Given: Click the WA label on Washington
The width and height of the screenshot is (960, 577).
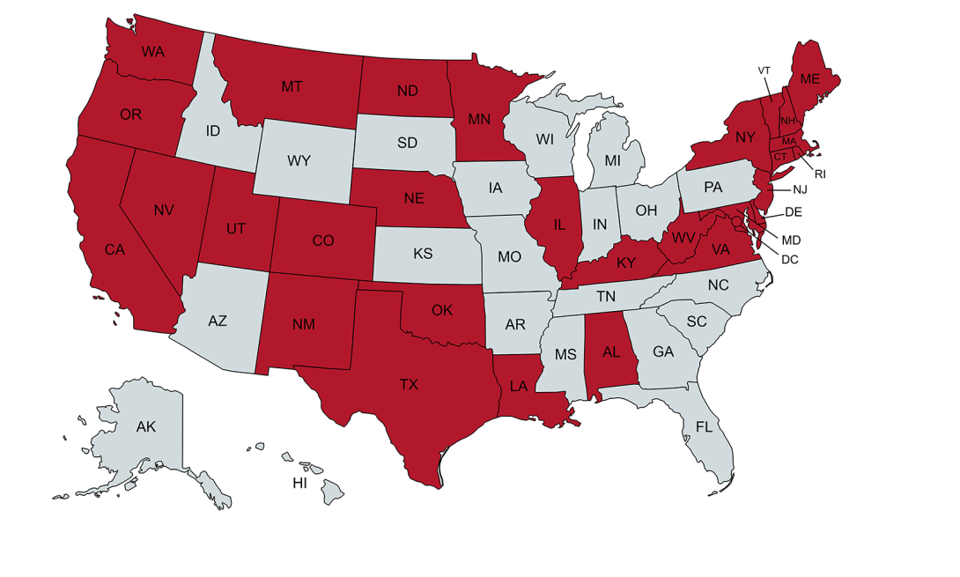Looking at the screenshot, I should pos(152,52).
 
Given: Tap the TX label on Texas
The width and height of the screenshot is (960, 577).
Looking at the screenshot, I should pos(409,384).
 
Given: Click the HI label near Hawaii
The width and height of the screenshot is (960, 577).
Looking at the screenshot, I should pos(300,484).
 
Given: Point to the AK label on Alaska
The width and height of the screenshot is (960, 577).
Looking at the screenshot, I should pos(146,427).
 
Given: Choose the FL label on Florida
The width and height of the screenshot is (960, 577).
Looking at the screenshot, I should pos(704,427).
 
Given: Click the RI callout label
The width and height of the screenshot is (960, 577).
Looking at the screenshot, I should pos(820,174).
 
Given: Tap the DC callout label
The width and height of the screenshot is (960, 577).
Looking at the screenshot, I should pos(789,259).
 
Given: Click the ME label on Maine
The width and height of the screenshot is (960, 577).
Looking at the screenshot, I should pos(809,78).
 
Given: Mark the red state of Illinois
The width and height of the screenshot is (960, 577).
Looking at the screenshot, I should pos(558,225).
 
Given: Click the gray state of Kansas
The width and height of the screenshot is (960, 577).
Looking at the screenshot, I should pos(423,254).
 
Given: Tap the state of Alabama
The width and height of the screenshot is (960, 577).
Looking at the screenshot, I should pos(609,352).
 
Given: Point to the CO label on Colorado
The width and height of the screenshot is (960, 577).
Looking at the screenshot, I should pos(323,240).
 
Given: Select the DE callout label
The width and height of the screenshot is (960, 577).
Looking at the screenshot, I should pos(793,212).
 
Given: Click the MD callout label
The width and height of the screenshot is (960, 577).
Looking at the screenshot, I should pos(791,239).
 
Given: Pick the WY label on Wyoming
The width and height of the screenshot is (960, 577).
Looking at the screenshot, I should pos(299,161).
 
